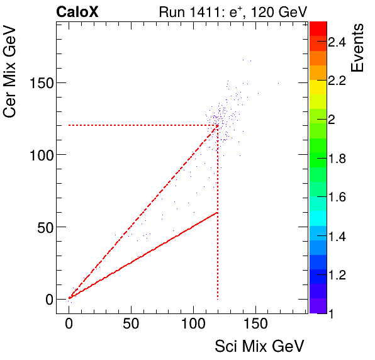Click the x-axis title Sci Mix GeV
pos(260,346)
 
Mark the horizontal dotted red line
pos(138,125)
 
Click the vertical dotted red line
pos(217,252)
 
